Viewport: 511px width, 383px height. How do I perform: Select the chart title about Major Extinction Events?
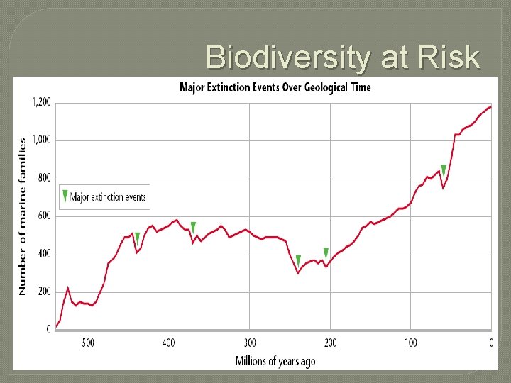[x=275, y=88]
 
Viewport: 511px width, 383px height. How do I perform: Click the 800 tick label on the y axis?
[x=44, y=179]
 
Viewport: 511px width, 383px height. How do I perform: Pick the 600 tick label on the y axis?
[x=44, y=216]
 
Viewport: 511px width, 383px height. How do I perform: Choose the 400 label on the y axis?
[x=44, y=254]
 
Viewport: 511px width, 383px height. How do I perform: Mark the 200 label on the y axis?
[x=44, y=292]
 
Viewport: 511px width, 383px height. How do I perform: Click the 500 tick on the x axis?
[x=87, y=343]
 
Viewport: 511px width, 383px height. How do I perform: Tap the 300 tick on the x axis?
[x=249, y=343]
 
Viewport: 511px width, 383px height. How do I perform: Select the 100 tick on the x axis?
[x=410, y=343]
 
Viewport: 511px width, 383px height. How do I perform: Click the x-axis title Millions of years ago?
[x=275, y=361]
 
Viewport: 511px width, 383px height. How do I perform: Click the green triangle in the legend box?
[x=65, y=196]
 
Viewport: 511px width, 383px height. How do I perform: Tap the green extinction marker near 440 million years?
[x=137, y=238]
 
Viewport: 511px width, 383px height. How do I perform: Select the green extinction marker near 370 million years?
[x=193, y=228]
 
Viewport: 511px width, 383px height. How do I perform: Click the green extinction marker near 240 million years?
[x=298, y=260]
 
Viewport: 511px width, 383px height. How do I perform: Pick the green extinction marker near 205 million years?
[x=326, y=253]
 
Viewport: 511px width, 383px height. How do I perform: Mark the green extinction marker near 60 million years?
[x=444, y=170]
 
